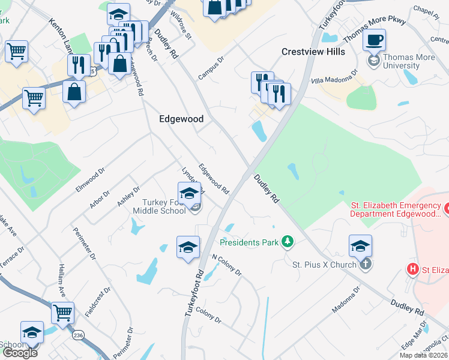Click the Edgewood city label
(181, 119)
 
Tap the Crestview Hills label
(313, 52)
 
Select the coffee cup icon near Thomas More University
(375, 41)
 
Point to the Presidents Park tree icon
(288, 242)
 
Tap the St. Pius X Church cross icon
(366, 264)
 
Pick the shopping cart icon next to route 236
(62, 313)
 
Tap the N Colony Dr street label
(226, 264)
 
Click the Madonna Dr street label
(346, 299)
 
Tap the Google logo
(20, 353)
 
